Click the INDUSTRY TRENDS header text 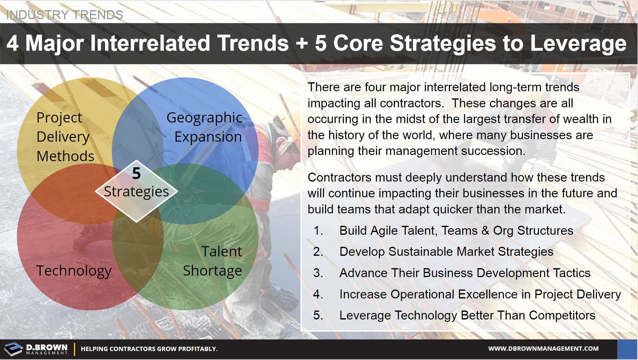click(x=65, y=15)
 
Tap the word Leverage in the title click(x=578, y=43)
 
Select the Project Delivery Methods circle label click(x=65, y=137)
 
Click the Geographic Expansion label click(x=205, y=127)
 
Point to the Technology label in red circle click(x=74, y=271)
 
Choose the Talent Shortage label click(x=213, y=261)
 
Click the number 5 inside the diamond click(x=136, y=173)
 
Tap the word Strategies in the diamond click(x=136, y=191)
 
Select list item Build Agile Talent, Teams click(x=456, y=231)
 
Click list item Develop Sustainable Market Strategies click(x=446, y=252)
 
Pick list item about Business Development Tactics click(x=465, y=273)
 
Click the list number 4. click(x=318, y=294)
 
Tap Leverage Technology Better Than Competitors click(x=467, y=315)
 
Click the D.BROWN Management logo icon click(x=13, y=349)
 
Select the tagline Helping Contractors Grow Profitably click(x=149, y=349)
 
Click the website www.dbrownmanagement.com click(x=543, y=349)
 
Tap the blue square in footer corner click(x=627, y=349)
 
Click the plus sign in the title click(x=302, y=43)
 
